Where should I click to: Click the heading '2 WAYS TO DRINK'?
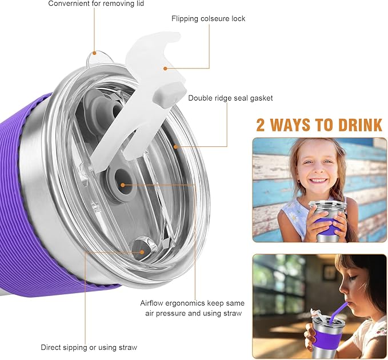pos(319,125)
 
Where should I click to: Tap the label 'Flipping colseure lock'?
pos(208,18)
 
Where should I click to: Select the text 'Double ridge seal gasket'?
pos(230,98)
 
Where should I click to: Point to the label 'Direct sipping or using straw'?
pos(89,347)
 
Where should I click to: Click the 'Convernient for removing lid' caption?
pos(96,4)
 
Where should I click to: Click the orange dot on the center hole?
pos(123,185)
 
